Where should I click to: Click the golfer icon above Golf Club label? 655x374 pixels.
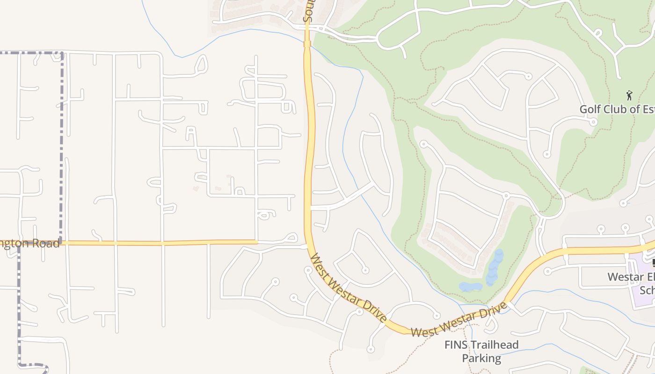pyautogui.click(x=629, y=95)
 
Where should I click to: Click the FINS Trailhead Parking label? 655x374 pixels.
pyautogui.click(x=481, y=352)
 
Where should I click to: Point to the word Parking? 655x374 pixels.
pyautogui.click(x=481, y=359)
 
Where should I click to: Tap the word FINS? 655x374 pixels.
pyautogui.click(x=454, y=345)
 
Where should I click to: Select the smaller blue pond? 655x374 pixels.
pyautogui.click(x=470, y=287)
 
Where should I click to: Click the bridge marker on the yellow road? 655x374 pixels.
pyautogui.click(x=307, y=44)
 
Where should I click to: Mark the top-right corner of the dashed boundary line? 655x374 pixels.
pyautogui.click(x=62, y=53)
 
